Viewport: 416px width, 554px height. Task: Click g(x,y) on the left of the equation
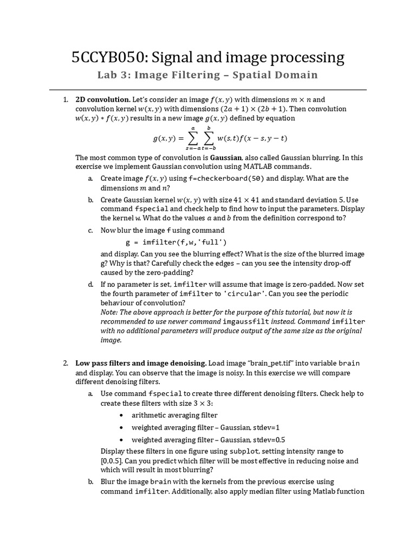[x=164, y=138]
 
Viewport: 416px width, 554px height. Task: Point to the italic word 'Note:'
[x=109, y=312]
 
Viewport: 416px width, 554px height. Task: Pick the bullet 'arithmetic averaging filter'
[x=174, y=415]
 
